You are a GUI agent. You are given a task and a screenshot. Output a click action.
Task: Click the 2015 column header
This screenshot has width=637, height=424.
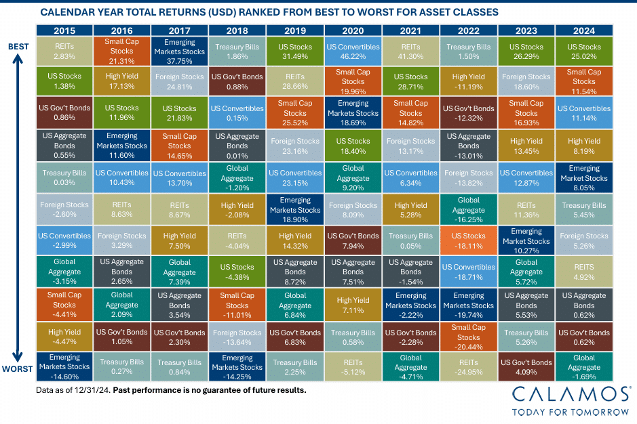tap(64, 30)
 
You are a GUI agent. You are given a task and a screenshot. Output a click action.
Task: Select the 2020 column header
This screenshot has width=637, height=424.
tap(353, 30)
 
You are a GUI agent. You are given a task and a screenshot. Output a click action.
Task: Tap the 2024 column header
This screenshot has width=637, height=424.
tap(584, 30)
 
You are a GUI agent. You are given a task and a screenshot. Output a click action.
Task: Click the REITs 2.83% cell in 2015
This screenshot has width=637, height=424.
tap(64, 51)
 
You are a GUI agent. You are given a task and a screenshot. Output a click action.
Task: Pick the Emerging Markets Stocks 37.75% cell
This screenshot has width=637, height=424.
tap(180, 51)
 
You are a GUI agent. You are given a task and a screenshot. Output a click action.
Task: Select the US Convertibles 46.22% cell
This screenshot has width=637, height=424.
tap(353, 51)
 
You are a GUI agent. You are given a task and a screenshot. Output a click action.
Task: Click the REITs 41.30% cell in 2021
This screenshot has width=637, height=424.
tap(410, 51)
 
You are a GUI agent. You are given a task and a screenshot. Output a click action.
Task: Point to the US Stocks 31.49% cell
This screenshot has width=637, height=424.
tap(295, 51)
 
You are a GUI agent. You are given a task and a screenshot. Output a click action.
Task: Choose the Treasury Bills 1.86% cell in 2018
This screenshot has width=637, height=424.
tap(237, 51)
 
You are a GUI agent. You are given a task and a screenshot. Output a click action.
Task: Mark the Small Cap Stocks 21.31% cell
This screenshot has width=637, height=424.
tap(122, 51)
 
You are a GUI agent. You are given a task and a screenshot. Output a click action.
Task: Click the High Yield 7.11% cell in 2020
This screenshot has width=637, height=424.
tap(353, 305)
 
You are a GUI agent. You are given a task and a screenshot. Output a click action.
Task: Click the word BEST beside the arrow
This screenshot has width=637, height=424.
tap(18, 46)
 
